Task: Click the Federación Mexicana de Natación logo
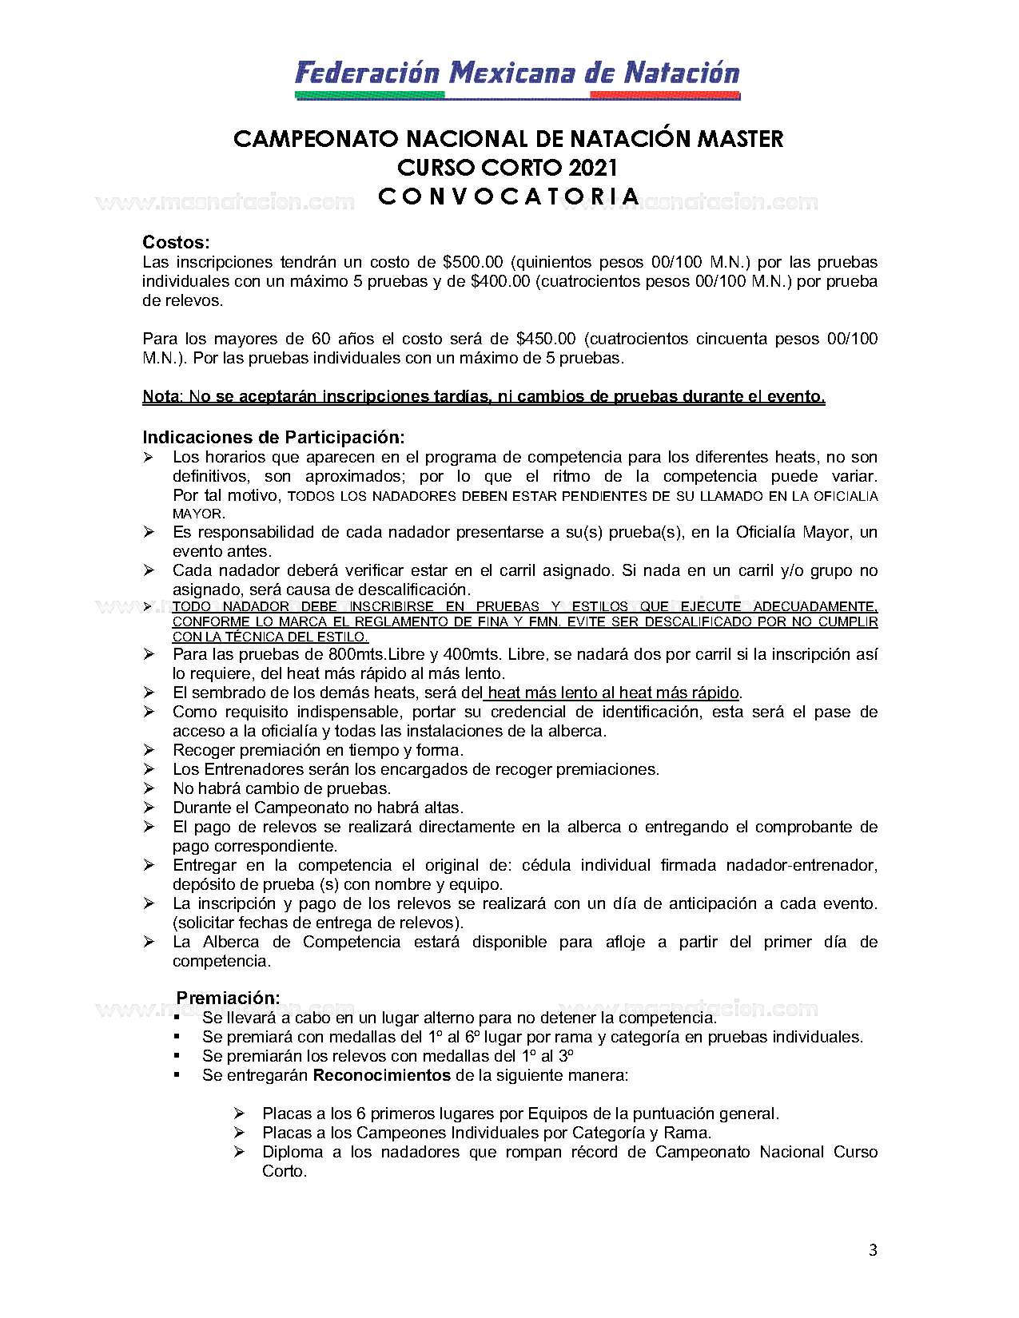click(517, 77)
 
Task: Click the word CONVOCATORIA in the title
click(509, 197)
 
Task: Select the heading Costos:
click(176, 243)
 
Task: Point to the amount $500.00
click(472, 262)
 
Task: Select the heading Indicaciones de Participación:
click(273, 438)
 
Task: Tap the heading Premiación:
click(228, 998)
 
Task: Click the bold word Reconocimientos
click(381, 1075)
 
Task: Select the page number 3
click(873, 1250)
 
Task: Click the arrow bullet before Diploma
click(239, 1152)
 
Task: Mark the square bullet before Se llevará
click(177, 1018)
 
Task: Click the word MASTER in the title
click(740, 139)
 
